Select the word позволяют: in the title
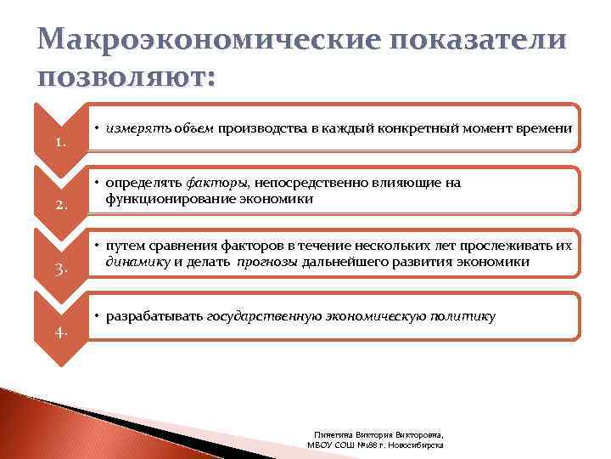(x=127, y=79)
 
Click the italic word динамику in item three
(x=137, y=262)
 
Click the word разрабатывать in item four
(x=154, y=317)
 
